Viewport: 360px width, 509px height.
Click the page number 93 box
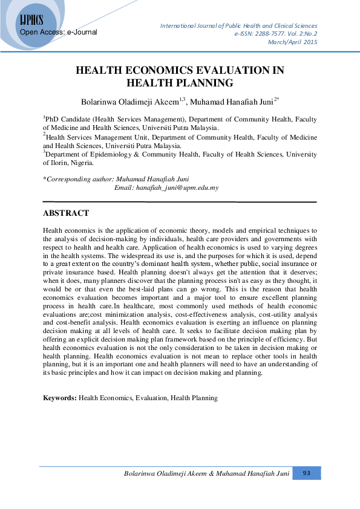click(306, 473)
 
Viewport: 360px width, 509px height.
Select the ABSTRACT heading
click(66, 213)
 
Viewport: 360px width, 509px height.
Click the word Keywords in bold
click(59, 398)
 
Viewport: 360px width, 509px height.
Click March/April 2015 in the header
click(294, 42)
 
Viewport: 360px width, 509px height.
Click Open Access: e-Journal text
click(59, 31)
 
